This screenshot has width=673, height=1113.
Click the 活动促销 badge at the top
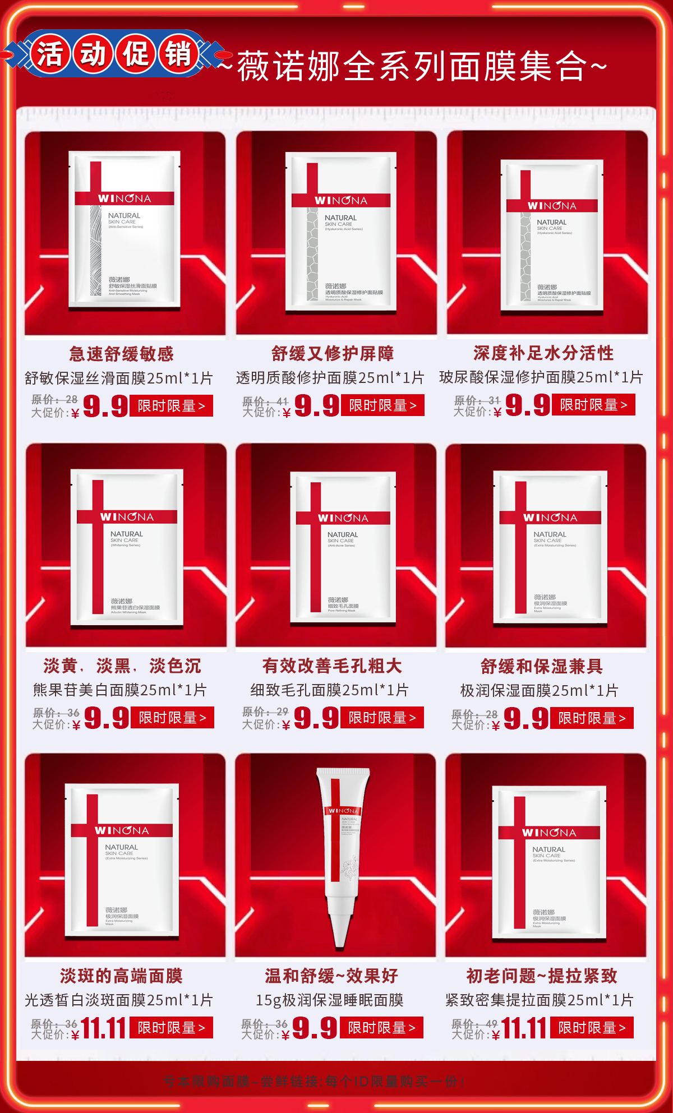[x=114, y=54]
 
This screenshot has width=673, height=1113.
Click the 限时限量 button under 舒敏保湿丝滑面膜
[x=172, y=405]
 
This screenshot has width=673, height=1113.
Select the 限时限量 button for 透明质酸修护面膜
[x=382, y=405]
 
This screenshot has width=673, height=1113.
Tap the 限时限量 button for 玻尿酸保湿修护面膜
[x=593, y=404]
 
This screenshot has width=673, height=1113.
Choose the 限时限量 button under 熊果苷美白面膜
[x=172, y=717]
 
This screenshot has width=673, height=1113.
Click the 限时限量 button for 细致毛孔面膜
[x=382, y=717]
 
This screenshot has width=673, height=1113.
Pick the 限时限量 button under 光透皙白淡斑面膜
[x=172, y=1027]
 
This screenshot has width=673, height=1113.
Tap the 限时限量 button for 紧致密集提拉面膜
[x=592, y=1027]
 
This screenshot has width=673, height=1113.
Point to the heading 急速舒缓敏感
[x=122, y=354]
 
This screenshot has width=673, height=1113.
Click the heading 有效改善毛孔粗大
[x=332, y=666]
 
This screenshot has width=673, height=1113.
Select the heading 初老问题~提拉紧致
[x=542, y=976]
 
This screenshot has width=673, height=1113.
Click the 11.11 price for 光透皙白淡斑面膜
[x=103, y=1028]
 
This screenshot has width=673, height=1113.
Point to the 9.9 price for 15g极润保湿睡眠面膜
[x=315, y=1028]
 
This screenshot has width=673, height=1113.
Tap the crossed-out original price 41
[x=282, y=401]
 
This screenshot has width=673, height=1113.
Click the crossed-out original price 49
[x=491, y=1023]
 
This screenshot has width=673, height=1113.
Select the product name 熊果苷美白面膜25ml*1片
[x=120, y=690]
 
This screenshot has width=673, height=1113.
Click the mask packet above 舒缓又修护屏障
[x=341, y=230]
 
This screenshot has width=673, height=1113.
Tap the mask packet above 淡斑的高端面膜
[x=122, y=860]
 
